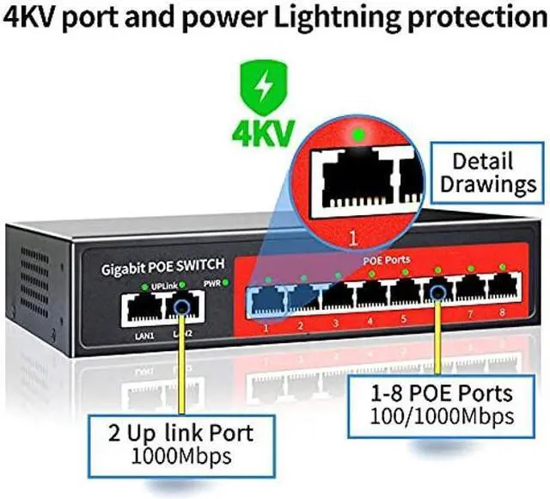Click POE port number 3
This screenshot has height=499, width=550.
[336, 296]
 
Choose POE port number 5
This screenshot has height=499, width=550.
[404, 293]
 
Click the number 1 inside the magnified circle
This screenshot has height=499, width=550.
[351, 232]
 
